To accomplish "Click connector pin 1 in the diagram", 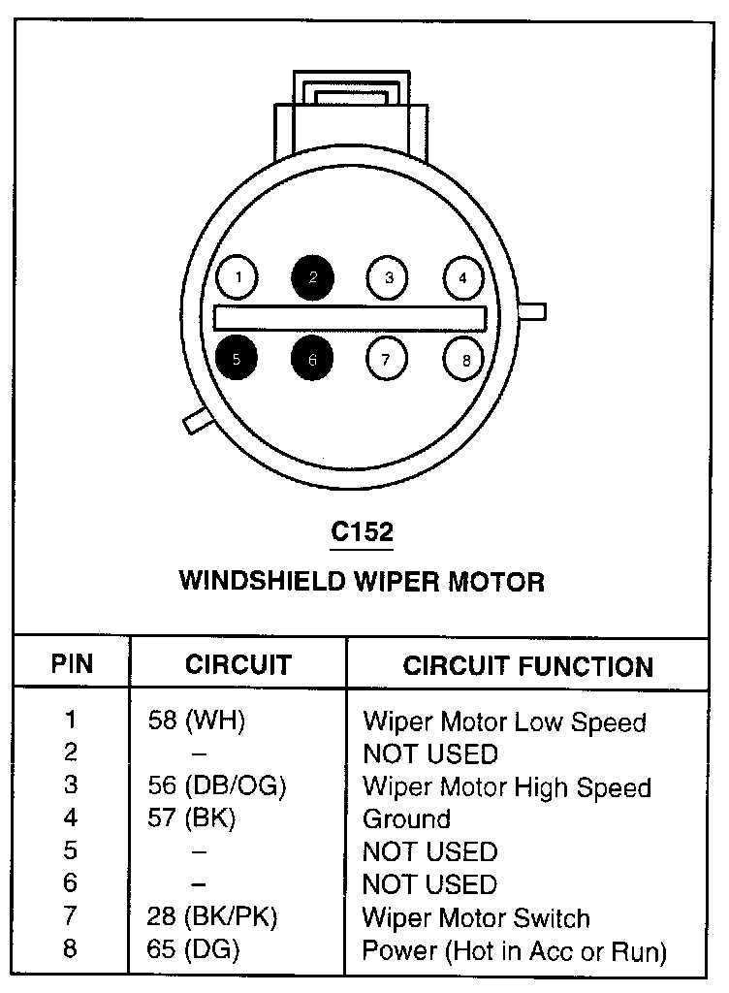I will tap(238, 279).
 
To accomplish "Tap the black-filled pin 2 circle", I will tap(312, 279).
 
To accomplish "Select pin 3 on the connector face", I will tap(388, 279).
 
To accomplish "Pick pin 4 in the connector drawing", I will tap(462, 279).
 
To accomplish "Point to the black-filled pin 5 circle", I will tap(238, 358).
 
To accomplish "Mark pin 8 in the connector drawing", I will tap(464, 360).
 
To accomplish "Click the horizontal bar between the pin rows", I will tap(350, 318).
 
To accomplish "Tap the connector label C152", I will tap(363, 532).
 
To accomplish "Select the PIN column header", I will tap(73, 665).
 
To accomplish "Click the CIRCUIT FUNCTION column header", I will tap(527, 666).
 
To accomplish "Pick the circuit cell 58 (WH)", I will tap(197, 721).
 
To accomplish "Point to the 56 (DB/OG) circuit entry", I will tap(217, 785).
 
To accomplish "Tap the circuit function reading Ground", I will tap(406, 818).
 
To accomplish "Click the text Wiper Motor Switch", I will tap(475, 917).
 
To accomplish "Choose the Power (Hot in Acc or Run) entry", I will tap(514, 950).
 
